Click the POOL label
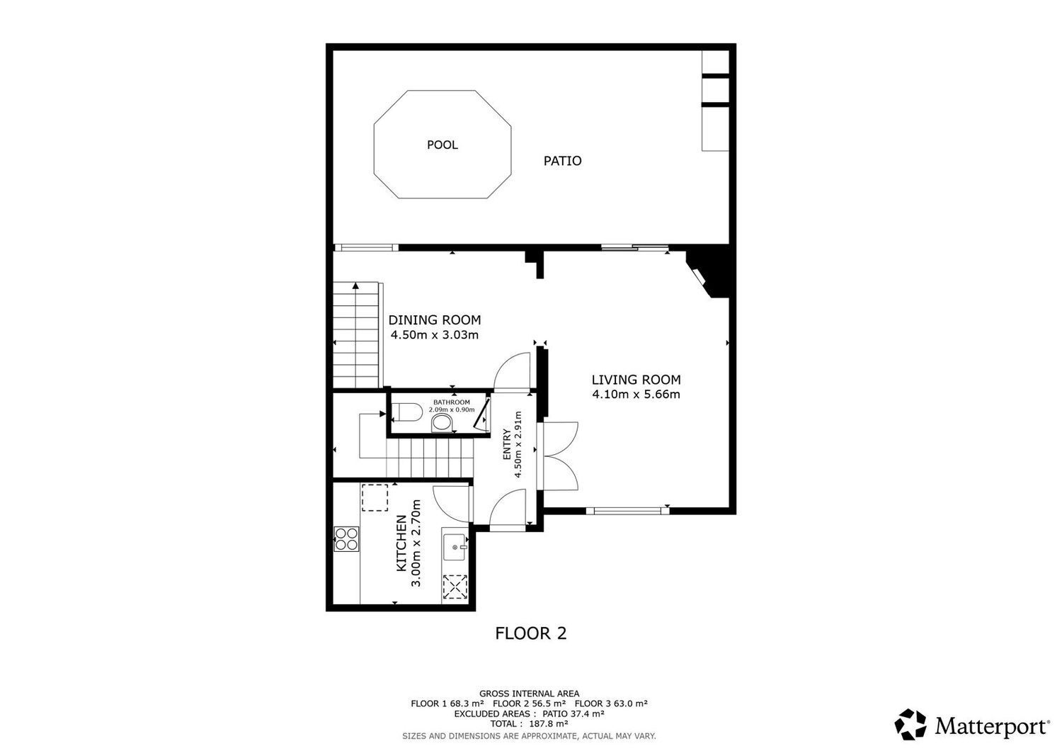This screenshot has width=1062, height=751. (x=442, y=145)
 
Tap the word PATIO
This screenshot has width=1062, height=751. (x=562, y=161)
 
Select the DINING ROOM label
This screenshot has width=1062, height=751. (x=435, y=320)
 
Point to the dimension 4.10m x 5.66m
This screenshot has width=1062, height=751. (x=636, y=394)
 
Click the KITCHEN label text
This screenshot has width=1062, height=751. (x=401, y=543)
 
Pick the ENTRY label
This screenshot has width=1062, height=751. (x=507, y=444)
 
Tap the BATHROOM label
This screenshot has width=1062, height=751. (x=452, y=402)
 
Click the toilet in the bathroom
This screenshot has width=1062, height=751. (x=407, y=412)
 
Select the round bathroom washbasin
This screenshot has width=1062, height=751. (x=442, y=422)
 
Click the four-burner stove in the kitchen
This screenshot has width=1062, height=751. (x=347, y=539)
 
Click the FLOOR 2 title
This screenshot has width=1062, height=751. (x=530, y=633)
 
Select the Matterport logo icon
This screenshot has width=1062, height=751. (x=910, y=725)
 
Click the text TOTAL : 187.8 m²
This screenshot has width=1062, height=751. (x=529, y=723)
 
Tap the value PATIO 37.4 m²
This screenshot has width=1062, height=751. (x=573, y=713)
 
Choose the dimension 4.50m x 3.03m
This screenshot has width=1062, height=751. (x=435, y=335)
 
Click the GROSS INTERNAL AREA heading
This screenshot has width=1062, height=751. (x=529, y=694)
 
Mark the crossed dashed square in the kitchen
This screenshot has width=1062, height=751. (x=455, y=587)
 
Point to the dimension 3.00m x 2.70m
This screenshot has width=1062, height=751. (x=416, y=543)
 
